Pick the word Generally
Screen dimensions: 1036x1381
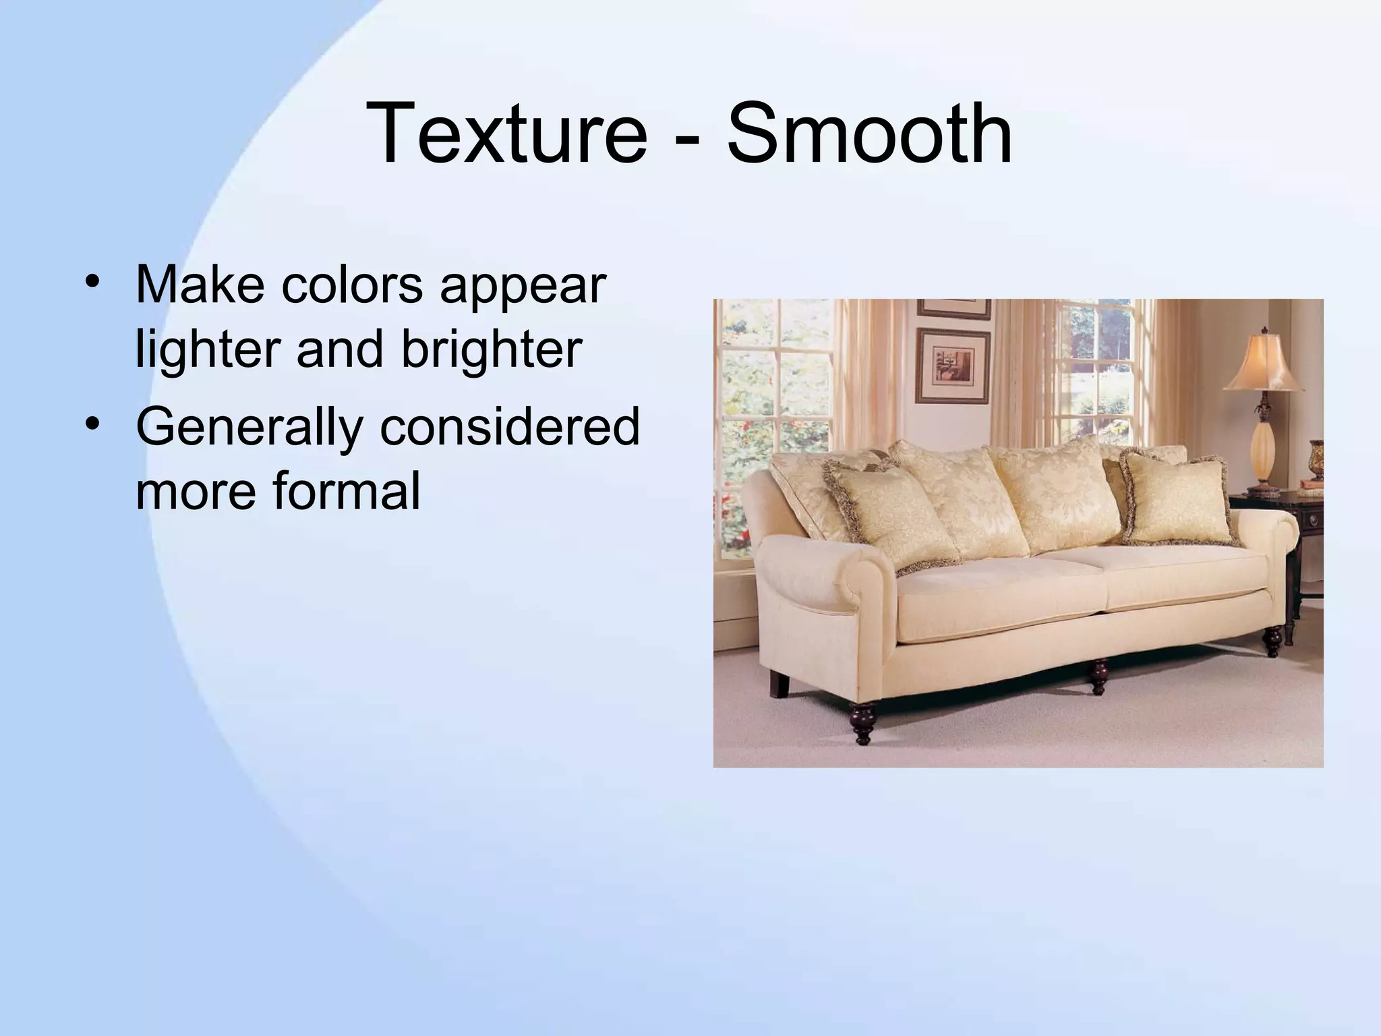[249, 428]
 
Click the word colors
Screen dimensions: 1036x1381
[352, 286]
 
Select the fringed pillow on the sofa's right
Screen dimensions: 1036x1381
[1177, 499]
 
